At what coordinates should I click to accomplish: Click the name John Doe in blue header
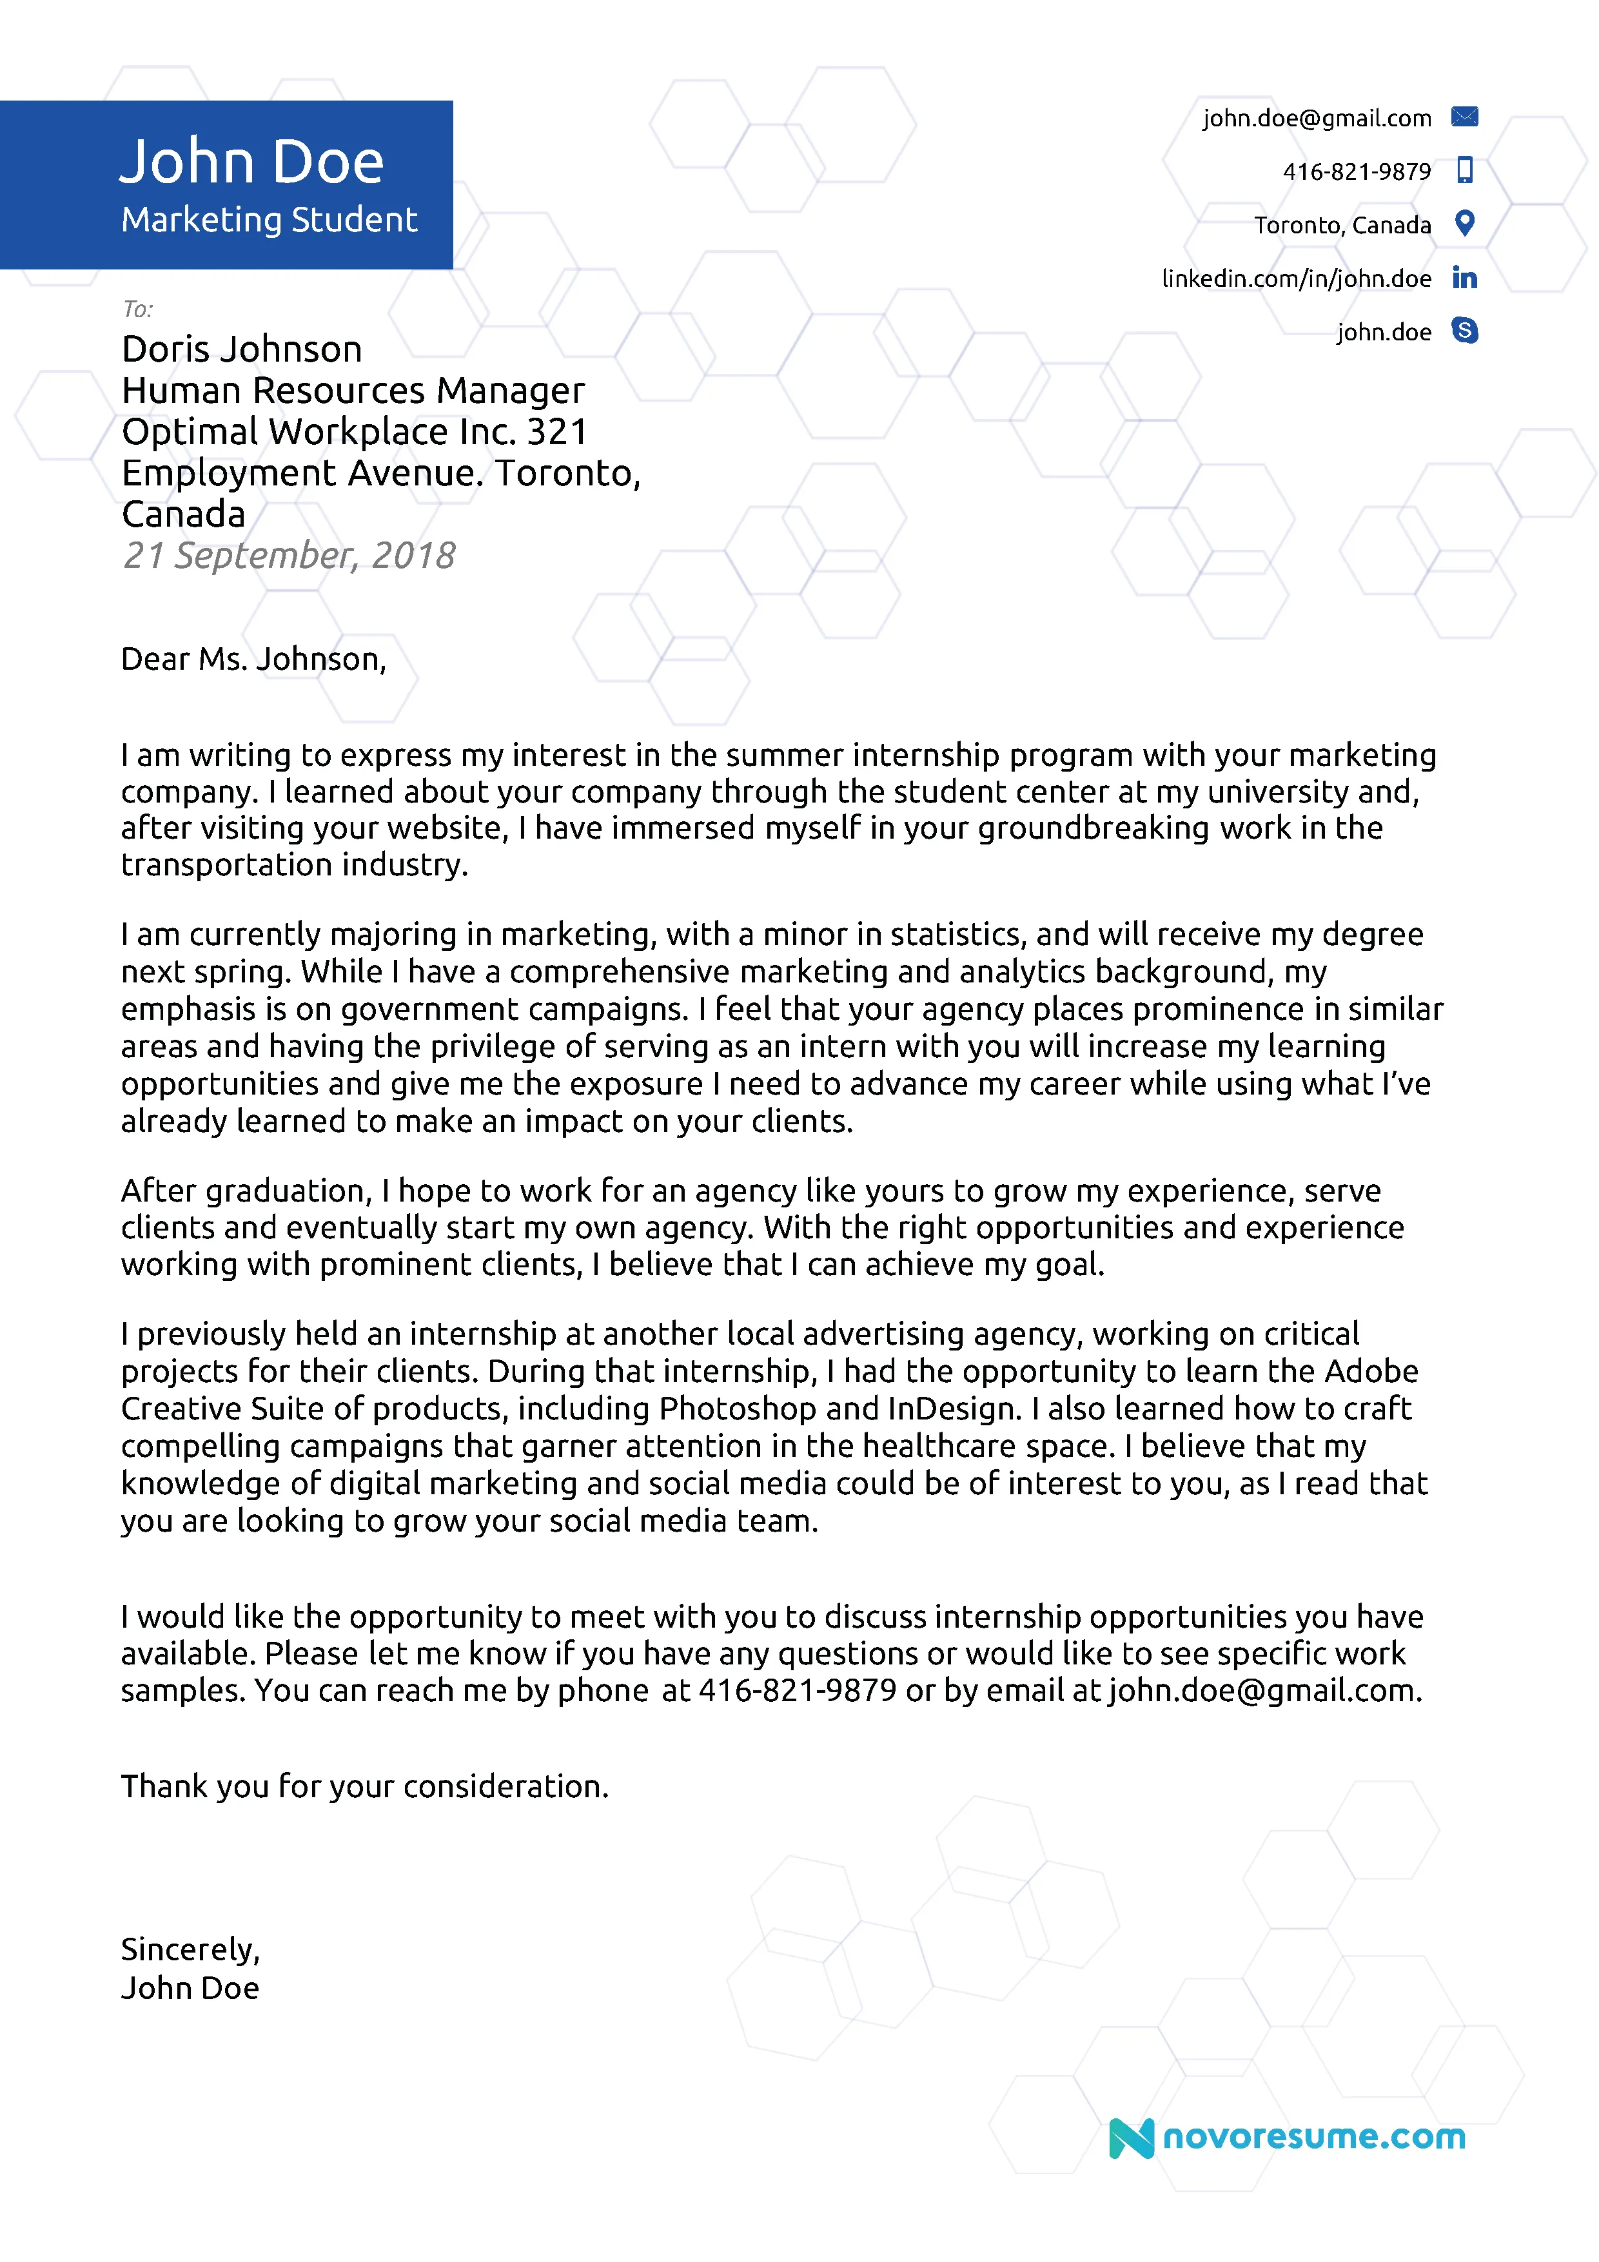click(x=251, y=162)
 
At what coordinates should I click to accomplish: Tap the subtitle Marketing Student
click(x=269, y=220)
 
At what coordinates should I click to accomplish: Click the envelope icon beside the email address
click(x=1464, y=117)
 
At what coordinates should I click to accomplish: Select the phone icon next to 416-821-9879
click(x=1464, y=170)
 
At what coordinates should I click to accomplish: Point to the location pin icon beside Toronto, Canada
click(x=1464, y=224)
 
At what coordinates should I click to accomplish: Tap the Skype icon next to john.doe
click(x=1464, y=331)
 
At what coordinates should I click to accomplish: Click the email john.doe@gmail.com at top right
click(x=1316, y=118)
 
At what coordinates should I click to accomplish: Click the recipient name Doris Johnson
click(x=241, y=350)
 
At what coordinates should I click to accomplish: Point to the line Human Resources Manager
click(x=353, y=391)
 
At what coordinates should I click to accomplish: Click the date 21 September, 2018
click(x=289, y=556)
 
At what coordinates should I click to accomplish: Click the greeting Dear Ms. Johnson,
click(x=253, y=659)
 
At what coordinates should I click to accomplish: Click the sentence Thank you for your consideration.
click(x=364, y=1786)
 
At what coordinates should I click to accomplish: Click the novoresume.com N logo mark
click(x=1130, y=2138)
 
